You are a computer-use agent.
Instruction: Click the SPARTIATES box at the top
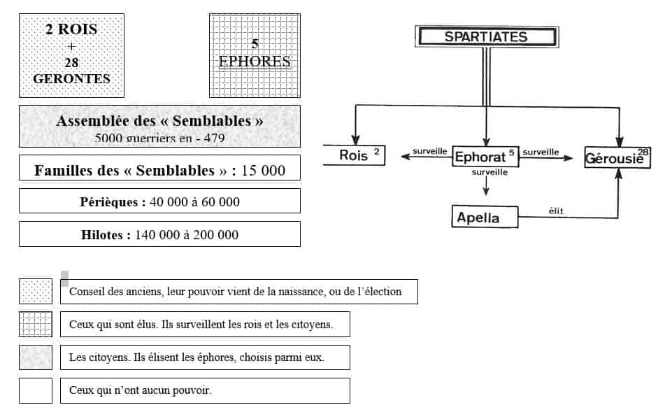click(x=487, y=37)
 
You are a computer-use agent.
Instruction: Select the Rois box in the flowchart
click(x=354, y=155)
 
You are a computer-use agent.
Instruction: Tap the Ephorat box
click(x=485, y=157)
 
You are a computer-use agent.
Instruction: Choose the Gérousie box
click(x=617, y=157)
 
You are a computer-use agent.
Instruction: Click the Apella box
click(x=485, y=217)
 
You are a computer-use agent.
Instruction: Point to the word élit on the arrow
click(x=556, y=211)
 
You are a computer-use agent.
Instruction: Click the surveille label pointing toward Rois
click(x=429, y=151)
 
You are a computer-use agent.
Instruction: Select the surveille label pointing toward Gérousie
click(x=541, y=152)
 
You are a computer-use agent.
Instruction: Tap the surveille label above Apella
click(x=489, y=172)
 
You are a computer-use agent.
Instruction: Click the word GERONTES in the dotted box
click(x=71, y=79)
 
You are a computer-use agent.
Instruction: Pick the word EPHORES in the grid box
click(x=255, y=62)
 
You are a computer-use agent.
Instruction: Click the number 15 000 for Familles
click(x=263, y=171)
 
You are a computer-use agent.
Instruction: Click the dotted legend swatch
click(x=36, y=292)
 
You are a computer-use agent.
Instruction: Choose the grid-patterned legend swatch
click(x=36, y=325)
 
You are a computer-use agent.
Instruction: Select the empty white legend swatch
click(x=36, y=390)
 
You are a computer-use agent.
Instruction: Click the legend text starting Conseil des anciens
click(x=235, y=292)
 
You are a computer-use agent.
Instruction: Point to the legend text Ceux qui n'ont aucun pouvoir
click(x=140, y=390)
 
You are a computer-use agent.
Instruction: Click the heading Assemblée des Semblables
click(x=159, y=121)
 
